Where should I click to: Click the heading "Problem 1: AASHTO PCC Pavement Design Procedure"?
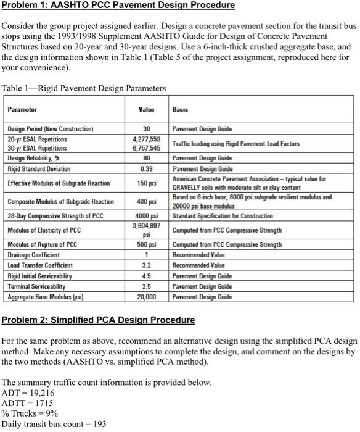click(118, 6)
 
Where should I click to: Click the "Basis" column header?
click(180, 109)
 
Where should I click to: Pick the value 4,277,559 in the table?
click(147, 139)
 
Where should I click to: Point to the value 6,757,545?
click(147, 149)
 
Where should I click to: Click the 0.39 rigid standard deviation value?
click(147, 168)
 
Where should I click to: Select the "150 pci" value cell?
click(147, 183)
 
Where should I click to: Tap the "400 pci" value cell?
click(147, 201)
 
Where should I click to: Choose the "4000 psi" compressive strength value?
click(147, 215)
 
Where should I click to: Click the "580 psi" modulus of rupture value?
click(147, 244)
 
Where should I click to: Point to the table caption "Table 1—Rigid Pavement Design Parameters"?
click(84, 88)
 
